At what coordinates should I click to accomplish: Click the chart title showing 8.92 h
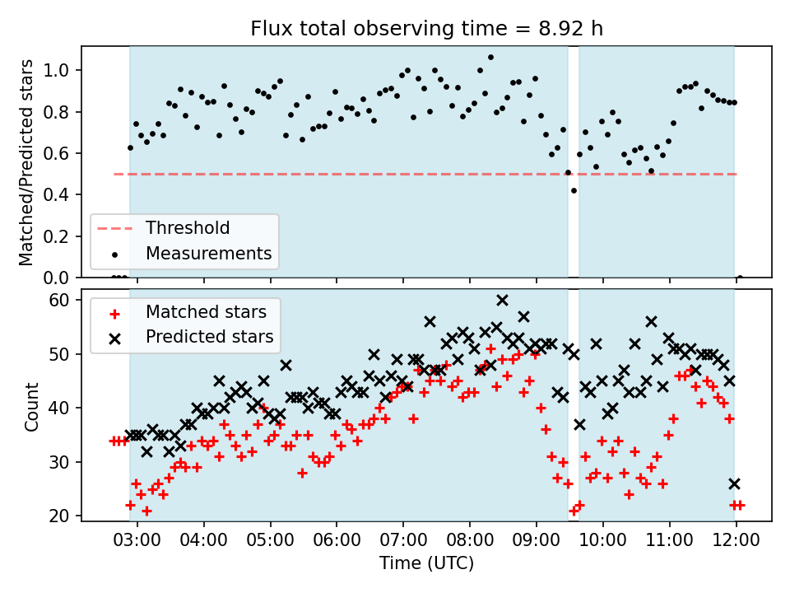[x=426, y=29]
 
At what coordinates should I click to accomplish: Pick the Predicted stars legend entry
[x=191, y=337]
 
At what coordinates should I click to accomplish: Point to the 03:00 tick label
[x=137, y=540]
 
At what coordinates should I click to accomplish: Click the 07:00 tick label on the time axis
[x=403, y=540]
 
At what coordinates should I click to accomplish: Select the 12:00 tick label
[x=736, y=540]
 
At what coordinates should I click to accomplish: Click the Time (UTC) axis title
[x=427, y=563]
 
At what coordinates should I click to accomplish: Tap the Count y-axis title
[x=31, y=407]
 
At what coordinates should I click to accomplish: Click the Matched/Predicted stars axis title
[x=26, y=162]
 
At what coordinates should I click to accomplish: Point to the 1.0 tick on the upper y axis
[x=56, y=70]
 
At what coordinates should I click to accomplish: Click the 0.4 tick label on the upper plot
[x=56, y=194]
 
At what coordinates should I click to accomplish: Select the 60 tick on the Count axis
[x=58, y=300]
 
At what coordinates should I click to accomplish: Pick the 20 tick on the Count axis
[x=58, y=516]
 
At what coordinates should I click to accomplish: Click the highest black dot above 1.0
[x=490, y=58]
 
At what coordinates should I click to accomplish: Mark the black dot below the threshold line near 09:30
[x=574, y=190]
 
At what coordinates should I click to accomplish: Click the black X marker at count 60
[x=502, y=301]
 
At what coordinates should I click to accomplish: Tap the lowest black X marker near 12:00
[x=735, y=484]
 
